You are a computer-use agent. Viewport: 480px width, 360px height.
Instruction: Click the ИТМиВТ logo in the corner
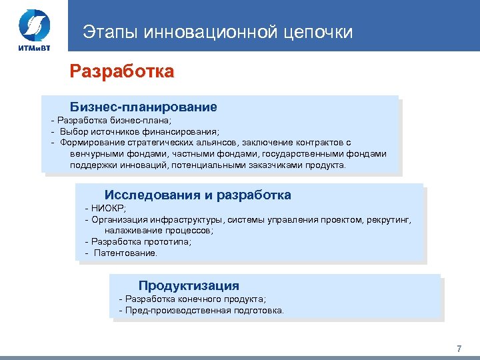click(34, 31)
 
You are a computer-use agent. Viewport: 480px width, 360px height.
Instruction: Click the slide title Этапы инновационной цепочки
click(217, 31)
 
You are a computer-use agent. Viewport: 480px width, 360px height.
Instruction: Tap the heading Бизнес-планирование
click(143, 107)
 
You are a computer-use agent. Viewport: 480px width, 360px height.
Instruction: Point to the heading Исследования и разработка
click(197, 195)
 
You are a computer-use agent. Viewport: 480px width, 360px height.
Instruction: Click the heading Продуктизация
click(189, 285)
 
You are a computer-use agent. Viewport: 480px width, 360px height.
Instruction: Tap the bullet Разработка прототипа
click(141, 242)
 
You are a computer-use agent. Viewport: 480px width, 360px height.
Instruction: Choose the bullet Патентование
click(125, 253)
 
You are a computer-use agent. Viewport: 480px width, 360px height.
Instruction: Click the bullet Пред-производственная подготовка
click(204, 310)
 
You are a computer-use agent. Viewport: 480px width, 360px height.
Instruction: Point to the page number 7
click(459, 349)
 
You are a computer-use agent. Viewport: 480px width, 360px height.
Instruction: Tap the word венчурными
click(95, 154)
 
